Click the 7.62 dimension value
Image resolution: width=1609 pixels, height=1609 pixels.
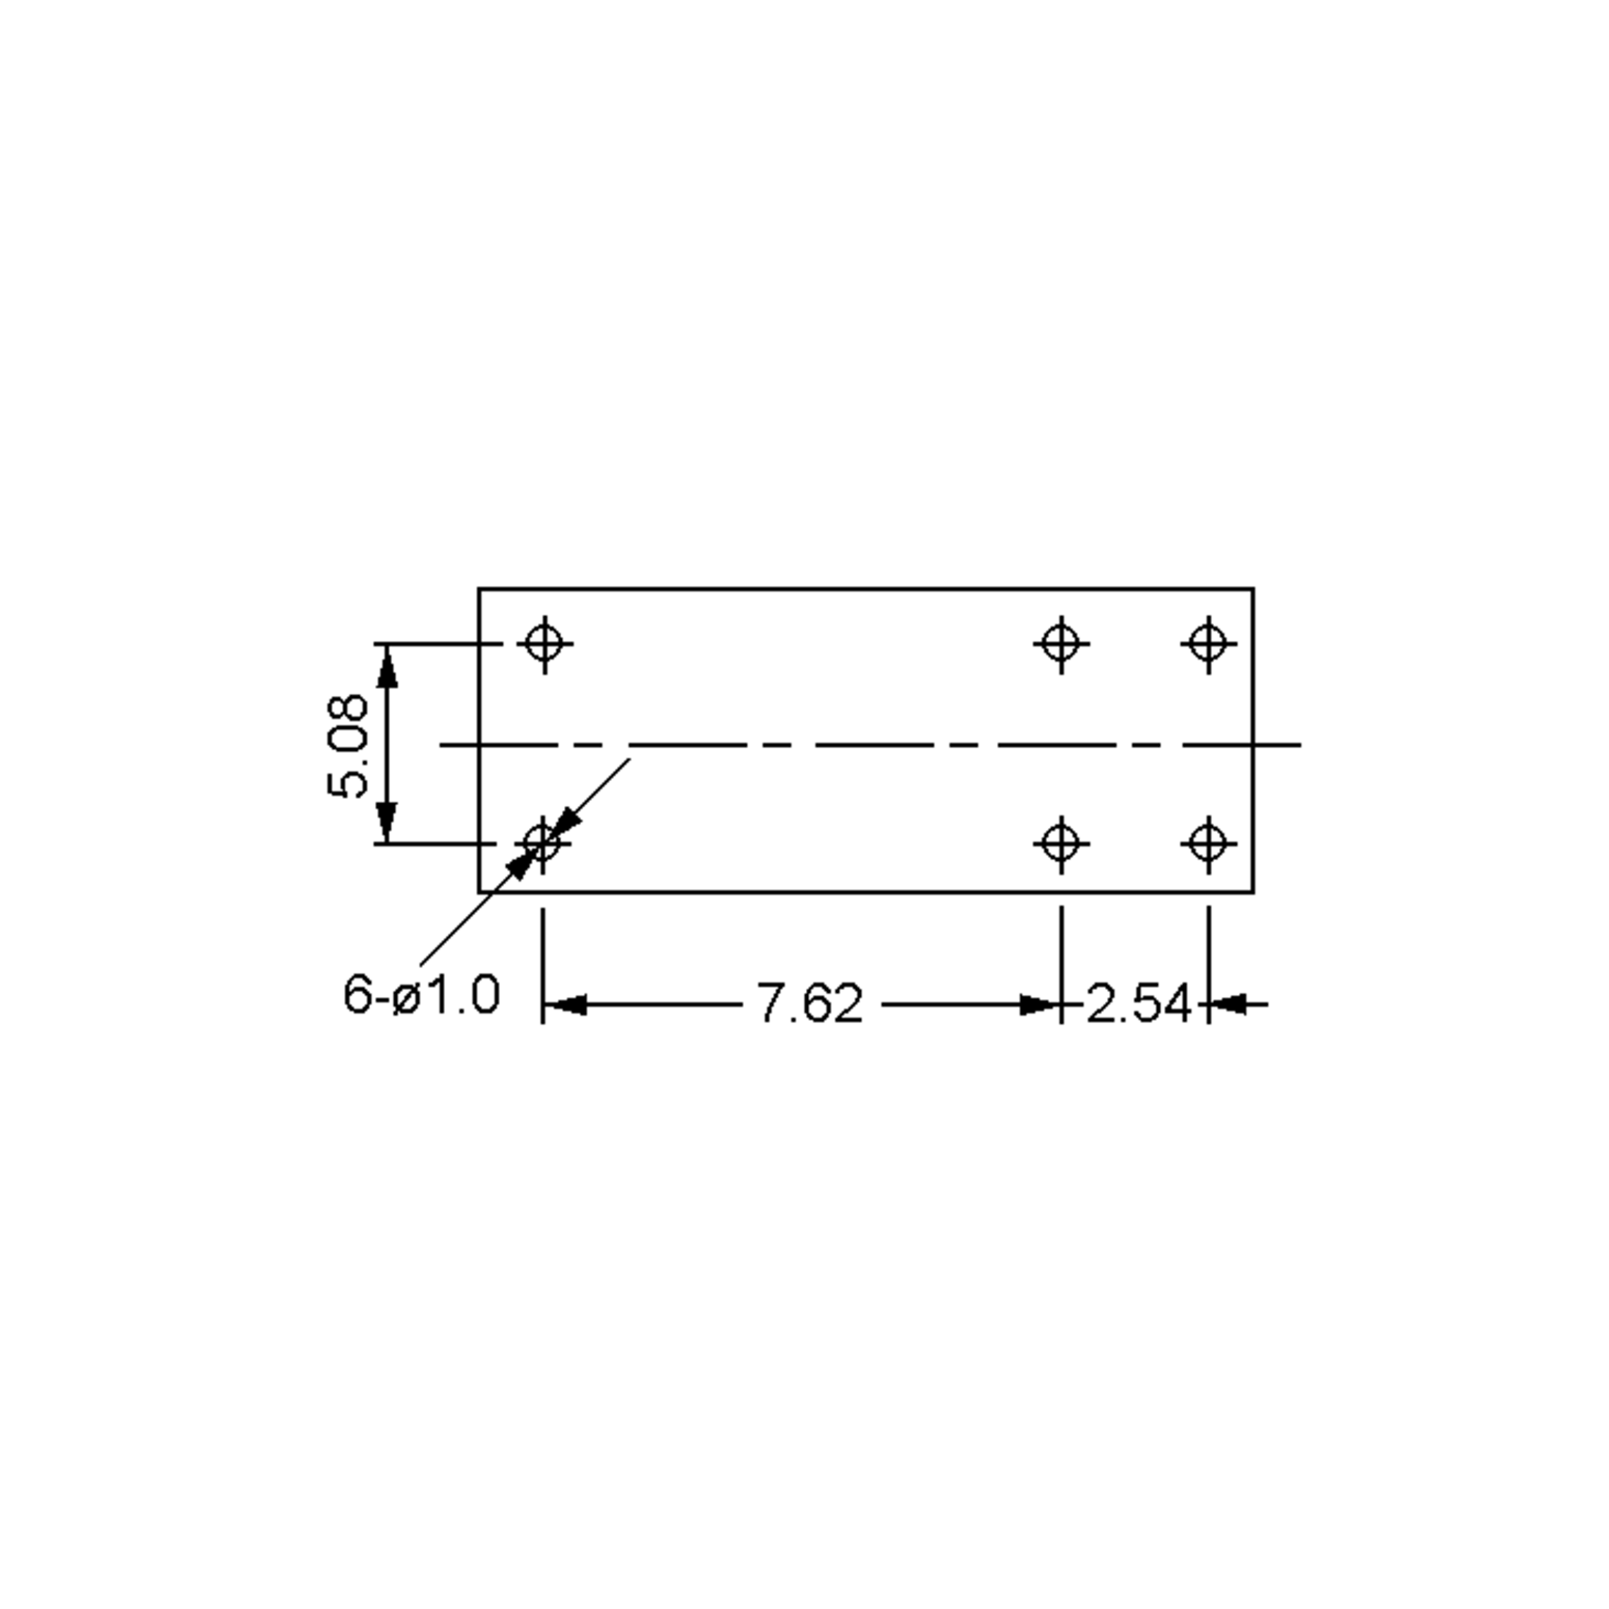(x=809, y=1004)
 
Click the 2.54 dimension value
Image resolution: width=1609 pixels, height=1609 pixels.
(x=1138, y=1004)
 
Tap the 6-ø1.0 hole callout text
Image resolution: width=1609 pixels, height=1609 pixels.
(x=422, y=994)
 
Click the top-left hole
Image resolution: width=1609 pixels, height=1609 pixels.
(x=544, y=644)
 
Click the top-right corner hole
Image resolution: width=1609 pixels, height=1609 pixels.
(x=1208, y=644)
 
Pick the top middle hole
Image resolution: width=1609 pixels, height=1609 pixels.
(x=1061, y=644)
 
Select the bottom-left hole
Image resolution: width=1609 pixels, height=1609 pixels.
(x=543, y=843)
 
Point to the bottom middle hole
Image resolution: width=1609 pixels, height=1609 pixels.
(x=1061, y=843)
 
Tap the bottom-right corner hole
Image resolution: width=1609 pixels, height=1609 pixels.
(x=1208, y=843)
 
